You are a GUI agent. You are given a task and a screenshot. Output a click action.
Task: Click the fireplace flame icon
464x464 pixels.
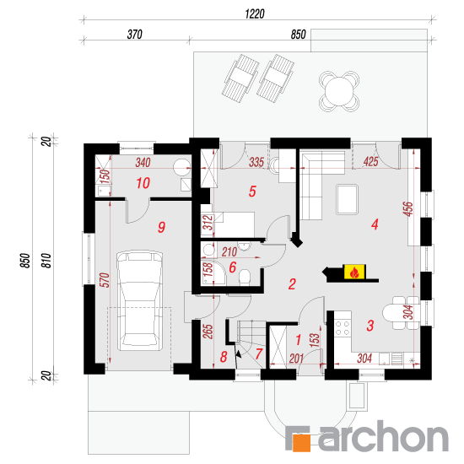[x=354, y=272]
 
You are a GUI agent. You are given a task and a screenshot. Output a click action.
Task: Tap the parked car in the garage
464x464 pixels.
[x=140, y=301]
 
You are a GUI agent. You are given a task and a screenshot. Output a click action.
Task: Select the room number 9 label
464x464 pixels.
[x=162, y=227]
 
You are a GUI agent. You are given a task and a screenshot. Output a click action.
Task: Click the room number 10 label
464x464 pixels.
[x=143, y=183]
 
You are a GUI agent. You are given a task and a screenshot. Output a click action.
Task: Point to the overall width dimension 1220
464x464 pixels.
[x=255, y=13]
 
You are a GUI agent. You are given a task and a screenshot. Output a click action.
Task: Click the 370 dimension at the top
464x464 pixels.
[x=135, y=35]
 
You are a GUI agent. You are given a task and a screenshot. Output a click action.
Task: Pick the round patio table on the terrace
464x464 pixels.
[x=339, y=91]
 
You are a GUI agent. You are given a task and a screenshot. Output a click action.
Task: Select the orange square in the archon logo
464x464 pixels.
[x=301, y=443]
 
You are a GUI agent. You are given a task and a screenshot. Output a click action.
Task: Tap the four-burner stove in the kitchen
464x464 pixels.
[x=343, y=328]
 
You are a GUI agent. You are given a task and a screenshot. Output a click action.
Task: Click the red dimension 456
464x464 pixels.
[x=408, y=209]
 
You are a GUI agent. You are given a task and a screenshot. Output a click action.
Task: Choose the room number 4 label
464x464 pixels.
[x=375, y=224]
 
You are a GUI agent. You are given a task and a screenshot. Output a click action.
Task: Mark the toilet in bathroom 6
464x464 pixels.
[x=245, y=278]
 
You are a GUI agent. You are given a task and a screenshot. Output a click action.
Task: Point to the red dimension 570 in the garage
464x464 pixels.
[x=105, y=280]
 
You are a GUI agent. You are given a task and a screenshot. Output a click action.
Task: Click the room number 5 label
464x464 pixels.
[x=252, y=192]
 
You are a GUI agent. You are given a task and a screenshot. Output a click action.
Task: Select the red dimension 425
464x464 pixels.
[x=371, y=162]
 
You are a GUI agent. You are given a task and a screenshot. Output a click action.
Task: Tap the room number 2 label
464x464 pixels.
[x=292, y=284]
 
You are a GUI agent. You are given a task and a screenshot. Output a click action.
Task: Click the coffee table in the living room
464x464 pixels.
[x=348, y=199]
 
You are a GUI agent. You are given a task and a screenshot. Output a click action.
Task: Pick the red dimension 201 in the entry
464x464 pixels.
[x=296, y=359]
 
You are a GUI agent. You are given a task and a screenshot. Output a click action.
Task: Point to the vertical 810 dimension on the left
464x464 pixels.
[x=47, y=261]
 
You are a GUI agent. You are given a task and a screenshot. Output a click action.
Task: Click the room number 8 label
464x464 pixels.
[x=224, y=357]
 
